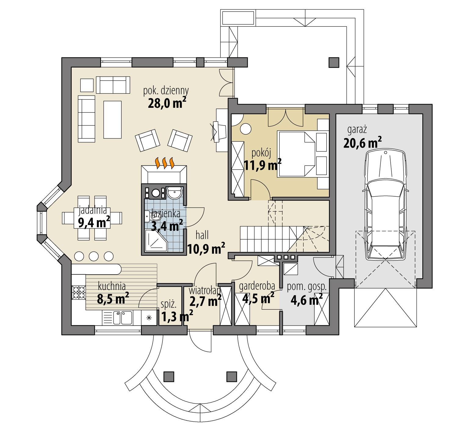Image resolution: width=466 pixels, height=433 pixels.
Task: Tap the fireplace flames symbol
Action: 164,163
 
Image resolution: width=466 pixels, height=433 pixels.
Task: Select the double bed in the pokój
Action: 296,154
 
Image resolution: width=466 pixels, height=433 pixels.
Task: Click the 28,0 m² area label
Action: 167,103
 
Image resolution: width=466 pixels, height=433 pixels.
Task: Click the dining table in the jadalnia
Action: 92,218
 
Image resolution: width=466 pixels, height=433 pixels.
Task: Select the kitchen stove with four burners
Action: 78,292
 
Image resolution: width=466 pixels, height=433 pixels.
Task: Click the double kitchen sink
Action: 122,317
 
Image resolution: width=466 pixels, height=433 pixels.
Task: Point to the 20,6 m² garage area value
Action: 362,143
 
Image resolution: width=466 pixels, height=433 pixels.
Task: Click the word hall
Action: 202,235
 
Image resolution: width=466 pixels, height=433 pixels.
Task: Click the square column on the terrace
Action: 334,62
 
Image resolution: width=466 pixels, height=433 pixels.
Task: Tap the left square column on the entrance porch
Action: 168,377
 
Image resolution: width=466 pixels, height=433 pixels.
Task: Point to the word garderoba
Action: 257,286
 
